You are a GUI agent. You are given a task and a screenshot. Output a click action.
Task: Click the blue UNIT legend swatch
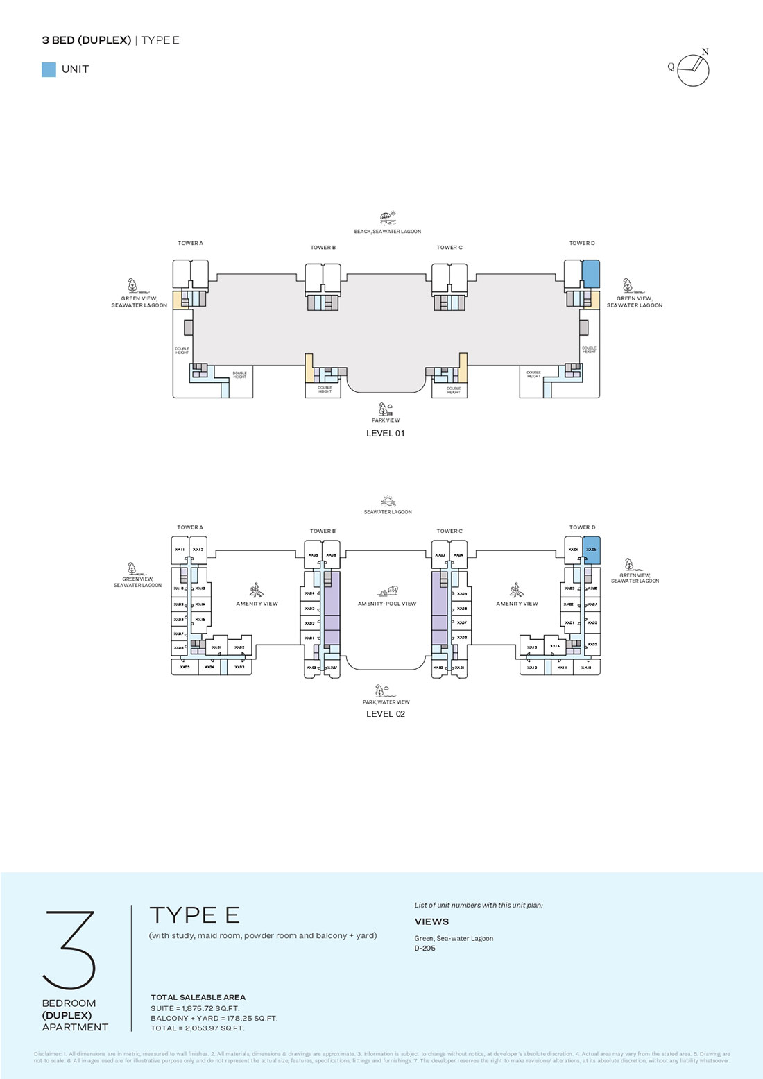point(49,69)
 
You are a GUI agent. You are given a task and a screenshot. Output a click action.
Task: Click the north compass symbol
point(693,69)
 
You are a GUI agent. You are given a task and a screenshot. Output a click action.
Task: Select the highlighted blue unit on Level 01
point(591,274)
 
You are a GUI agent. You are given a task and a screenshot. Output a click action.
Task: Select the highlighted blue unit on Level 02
point(591,550)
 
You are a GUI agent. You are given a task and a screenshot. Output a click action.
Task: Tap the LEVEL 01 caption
point(385,434)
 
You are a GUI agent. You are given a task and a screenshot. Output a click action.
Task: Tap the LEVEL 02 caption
point(385,714)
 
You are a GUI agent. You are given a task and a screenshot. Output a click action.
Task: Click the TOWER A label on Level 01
point(190,244)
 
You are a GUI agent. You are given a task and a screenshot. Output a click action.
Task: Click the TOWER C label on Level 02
point(449,532)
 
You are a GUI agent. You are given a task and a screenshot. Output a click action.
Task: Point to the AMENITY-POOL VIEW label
point(387,604)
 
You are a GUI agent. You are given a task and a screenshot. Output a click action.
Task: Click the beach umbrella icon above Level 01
point(388,218)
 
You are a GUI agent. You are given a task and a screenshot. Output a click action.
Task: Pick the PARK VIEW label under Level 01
point(386,420)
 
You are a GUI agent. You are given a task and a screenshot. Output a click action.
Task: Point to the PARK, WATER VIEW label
point(386,702)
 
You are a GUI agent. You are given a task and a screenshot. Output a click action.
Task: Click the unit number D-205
point(425,949)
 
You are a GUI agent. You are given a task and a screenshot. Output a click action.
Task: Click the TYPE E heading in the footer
point(194,915)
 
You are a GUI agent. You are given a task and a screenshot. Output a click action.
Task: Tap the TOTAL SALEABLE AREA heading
point(198,997)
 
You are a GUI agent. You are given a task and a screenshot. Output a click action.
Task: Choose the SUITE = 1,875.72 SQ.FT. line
point(195,1008)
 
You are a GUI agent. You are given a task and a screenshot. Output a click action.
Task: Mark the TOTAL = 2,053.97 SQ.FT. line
point(198,1028)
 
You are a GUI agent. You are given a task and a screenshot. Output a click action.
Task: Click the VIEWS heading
point(431,921)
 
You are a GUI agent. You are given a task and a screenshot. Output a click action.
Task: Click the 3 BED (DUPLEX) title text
point(87,40)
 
